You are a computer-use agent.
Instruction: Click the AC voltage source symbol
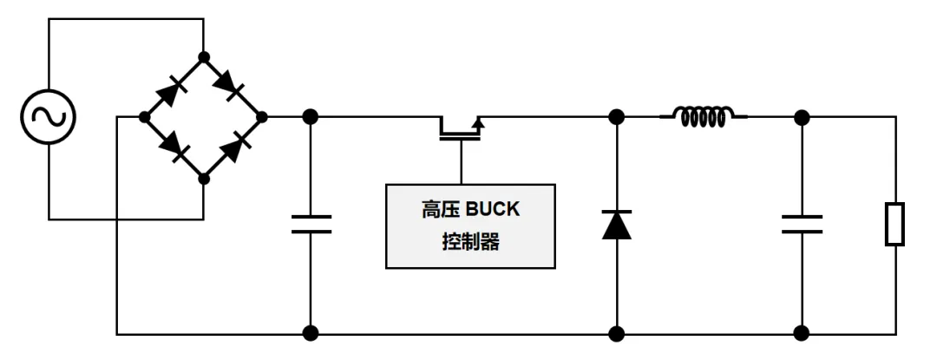[49, 116]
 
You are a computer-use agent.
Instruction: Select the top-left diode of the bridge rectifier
[174, 87]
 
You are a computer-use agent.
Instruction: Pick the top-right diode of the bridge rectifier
[233, 86]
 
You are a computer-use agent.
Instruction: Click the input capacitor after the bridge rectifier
[311, 224]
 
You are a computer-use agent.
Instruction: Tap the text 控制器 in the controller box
[470, 242]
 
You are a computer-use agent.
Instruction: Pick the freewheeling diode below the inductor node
[617, 224]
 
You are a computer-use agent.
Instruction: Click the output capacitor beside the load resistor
[802, 224]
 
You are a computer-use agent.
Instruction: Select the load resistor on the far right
[894, 224]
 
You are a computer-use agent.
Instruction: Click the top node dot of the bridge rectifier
[204, 57]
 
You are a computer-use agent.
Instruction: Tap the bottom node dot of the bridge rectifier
[204, 178]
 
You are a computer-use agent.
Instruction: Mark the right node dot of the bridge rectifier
[263, 116]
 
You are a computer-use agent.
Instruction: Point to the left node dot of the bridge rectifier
[144, 116]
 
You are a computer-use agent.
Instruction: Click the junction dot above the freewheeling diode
[617, 116]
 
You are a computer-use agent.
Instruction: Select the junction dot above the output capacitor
[802, 116]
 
